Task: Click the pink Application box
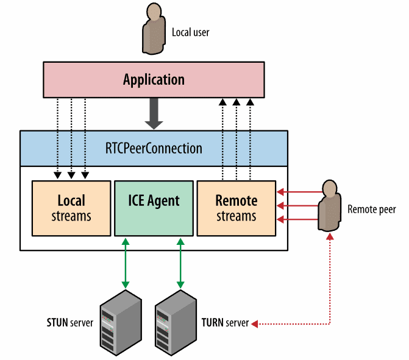point(154,80)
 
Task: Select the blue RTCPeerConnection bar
point(154,149)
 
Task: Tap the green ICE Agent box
point(154,208)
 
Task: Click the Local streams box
point(71,208)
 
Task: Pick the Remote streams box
point(237,208)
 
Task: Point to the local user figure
point(154,29)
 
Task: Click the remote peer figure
point(329,206)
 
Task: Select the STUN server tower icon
point(121,323)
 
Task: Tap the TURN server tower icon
point(176,323)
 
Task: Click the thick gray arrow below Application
point(154,114)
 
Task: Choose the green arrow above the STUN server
point(126,263)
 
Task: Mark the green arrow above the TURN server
point(180,263)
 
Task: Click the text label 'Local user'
point(190,32)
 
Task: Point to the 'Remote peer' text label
point(372,210)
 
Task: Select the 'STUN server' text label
point(70,323)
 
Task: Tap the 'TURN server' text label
point(225,323)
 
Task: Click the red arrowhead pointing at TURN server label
point(255,324)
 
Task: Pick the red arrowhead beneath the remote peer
point(330,236)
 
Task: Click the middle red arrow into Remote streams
point(297,206)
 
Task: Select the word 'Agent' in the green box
point(163,201)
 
